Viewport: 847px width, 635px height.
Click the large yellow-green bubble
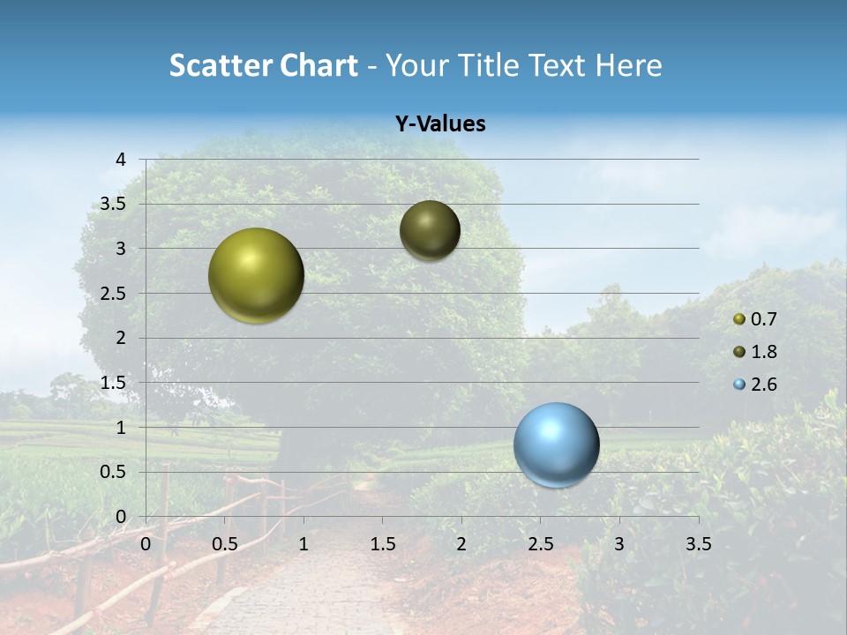(256, 275)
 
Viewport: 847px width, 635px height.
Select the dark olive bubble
(430, 230)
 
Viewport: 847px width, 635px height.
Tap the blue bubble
(556, 444)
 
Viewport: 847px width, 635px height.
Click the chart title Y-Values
(439, 124)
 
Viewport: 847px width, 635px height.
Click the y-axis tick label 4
(121, 159)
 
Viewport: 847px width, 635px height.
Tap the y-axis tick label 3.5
(113, 204)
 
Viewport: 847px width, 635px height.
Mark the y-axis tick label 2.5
(113, 293)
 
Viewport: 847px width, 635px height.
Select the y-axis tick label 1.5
(113, 383)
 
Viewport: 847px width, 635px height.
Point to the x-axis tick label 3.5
(698, 544)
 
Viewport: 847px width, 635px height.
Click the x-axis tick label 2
(461, 544)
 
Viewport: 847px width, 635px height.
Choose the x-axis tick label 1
(304, 544)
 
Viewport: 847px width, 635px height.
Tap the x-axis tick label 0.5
(225, 544)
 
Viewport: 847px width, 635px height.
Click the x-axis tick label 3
(619, 544)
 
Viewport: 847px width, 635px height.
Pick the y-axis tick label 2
(121, 338)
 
